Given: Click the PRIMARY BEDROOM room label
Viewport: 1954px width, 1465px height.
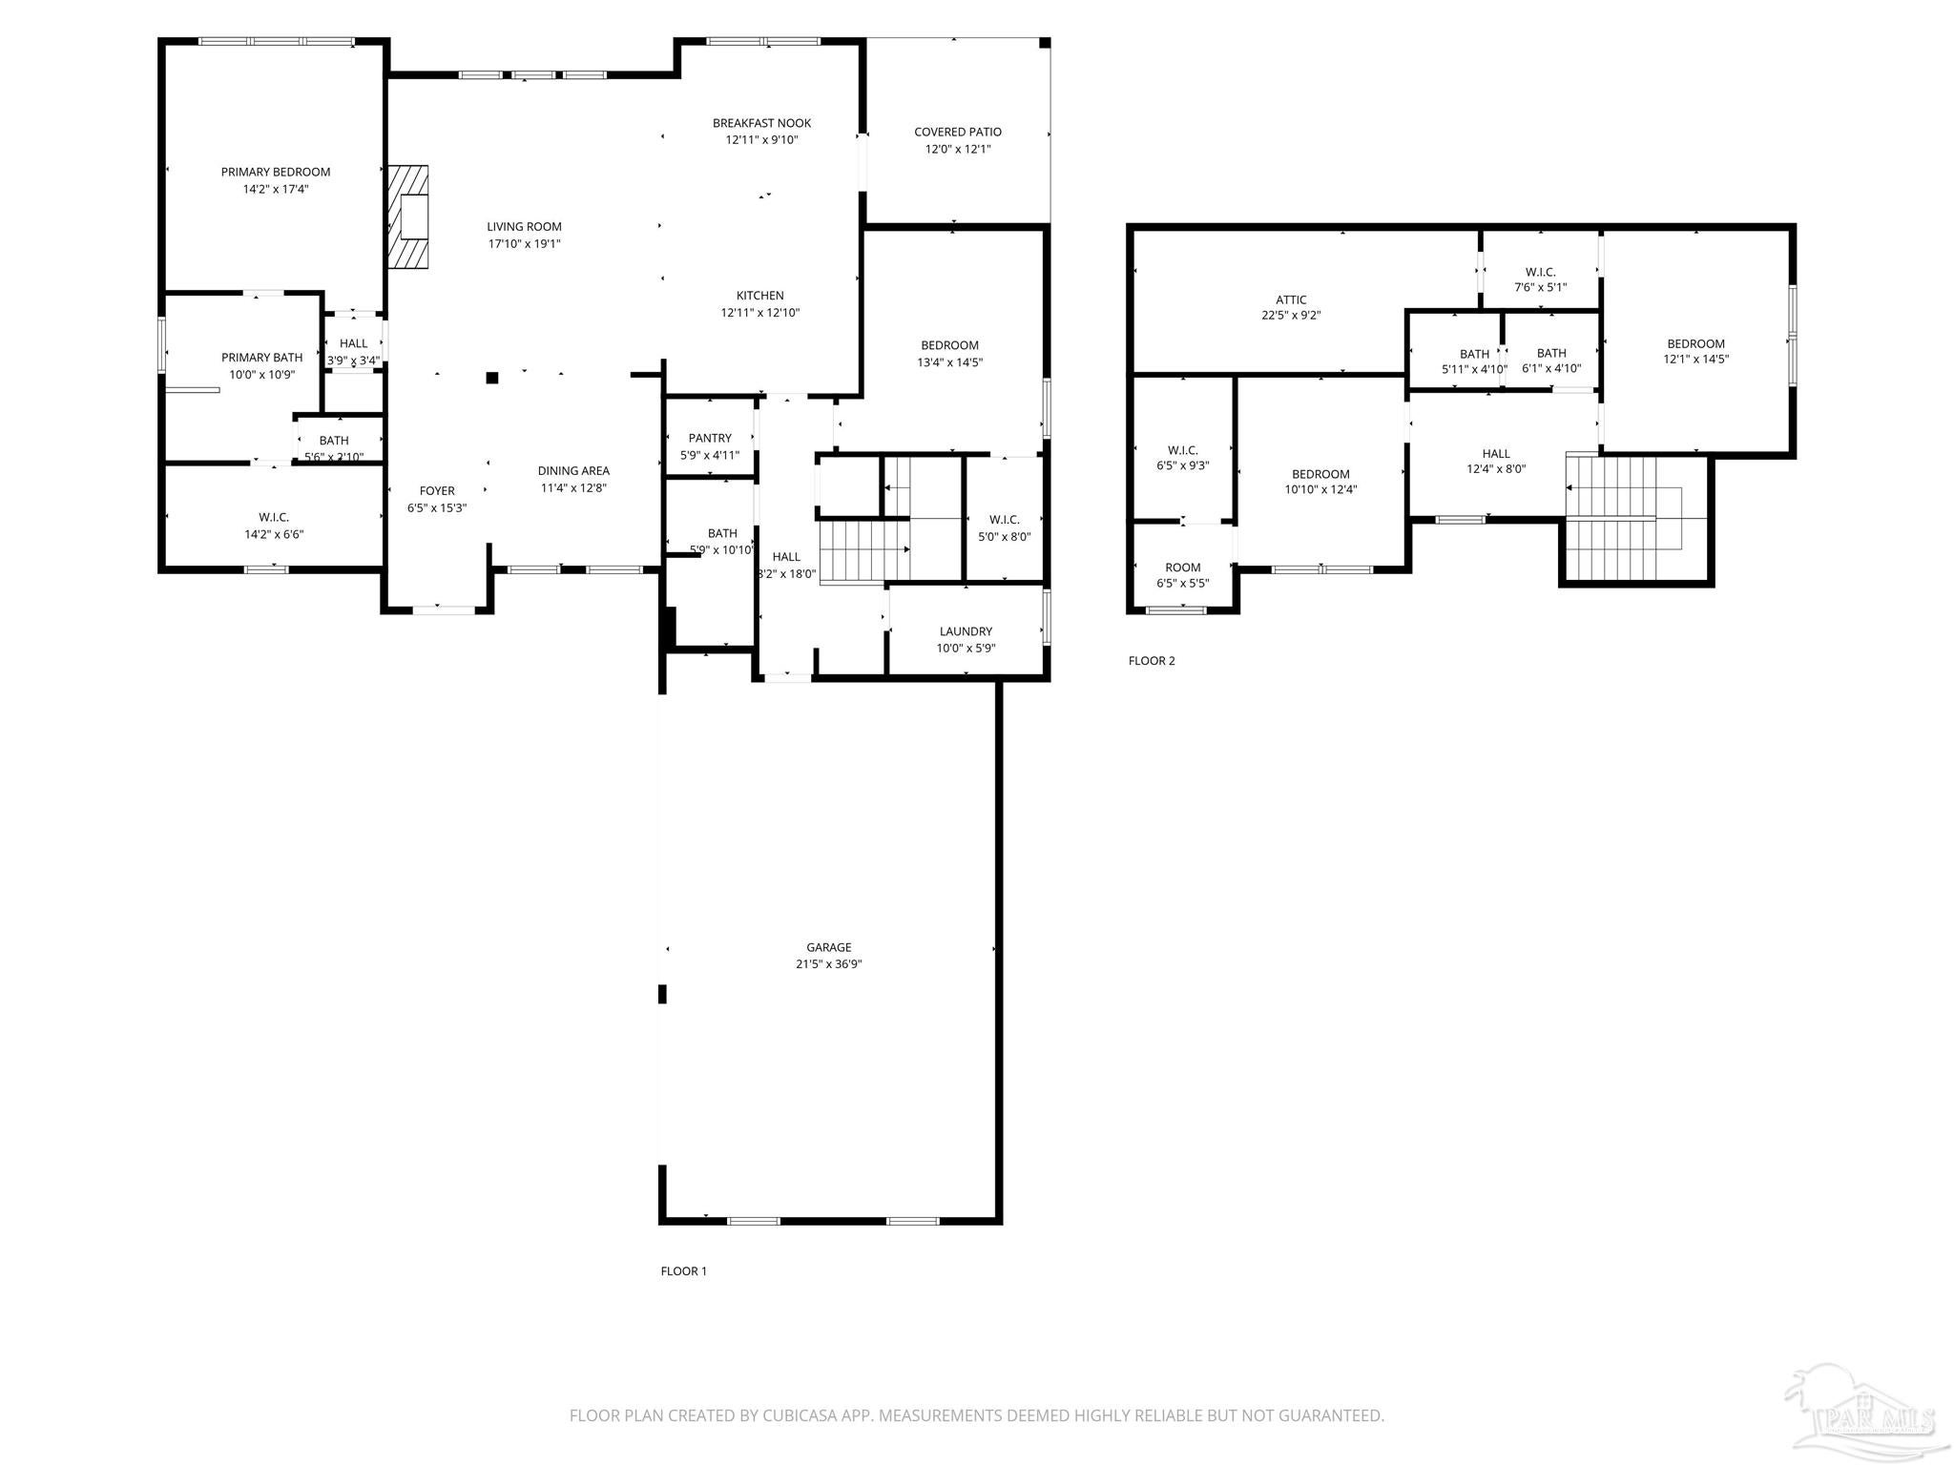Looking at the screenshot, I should click(275, 172).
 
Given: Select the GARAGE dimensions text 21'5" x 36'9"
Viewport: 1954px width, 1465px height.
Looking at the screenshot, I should click(828, 964).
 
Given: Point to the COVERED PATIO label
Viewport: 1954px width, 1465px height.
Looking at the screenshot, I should click(957, 132).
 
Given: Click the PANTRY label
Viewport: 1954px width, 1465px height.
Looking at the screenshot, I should click(709, 438).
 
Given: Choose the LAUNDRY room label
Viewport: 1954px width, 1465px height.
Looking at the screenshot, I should click(966, 631).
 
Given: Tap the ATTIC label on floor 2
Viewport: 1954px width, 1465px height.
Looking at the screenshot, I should click(1291, 299).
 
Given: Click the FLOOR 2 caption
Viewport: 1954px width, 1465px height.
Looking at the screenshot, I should click(1152, 661).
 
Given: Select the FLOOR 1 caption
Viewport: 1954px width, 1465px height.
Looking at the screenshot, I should click(683, 1270).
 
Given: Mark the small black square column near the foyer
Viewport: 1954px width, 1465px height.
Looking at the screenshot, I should click(492, 378).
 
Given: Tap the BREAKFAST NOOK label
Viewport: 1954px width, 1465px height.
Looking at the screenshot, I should click(761, 123).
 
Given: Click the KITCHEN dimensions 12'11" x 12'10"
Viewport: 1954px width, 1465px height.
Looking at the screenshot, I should click(759, 313).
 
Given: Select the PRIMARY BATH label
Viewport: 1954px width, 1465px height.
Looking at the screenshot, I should click(261, 358).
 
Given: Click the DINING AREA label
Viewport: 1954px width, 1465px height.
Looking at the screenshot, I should click(573, 470).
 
